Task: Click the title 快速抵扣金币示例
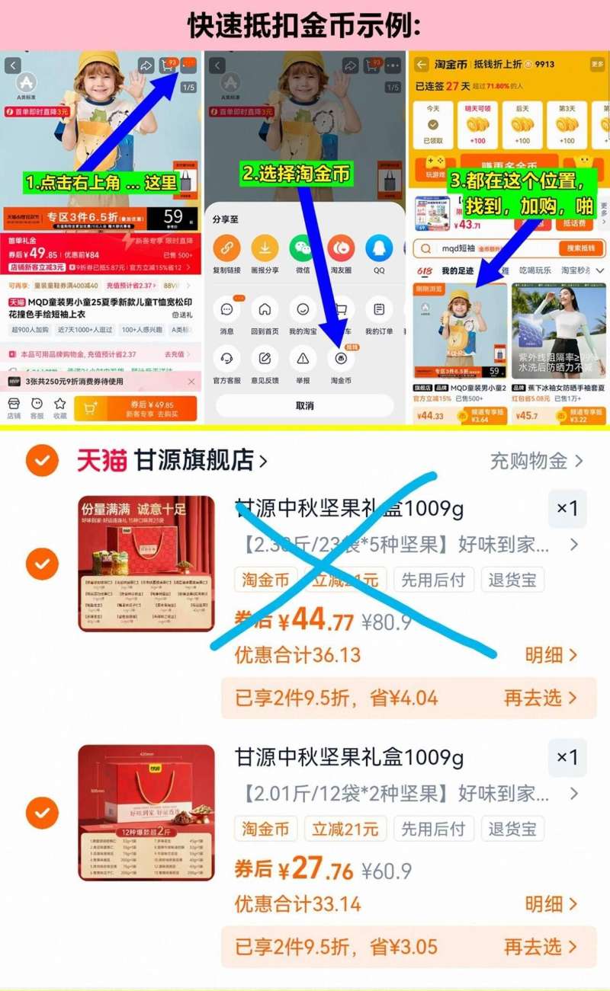tap(304, 25)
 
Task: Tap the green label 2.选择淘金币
tap(297, 174)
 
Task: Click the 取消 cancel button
tap(304, 405)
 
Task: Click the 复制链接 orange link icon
tap(226, 248)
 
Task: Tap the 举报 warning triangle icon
tap(303, 358)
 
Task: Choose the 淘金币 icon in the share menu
tap(341, 358)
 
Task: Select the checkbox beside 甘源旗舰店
tap(42, 460)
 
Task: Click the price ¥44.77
tap(315, 620)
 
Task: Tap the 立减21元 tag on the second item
tap(345, 828)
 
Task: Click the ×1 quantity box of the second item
tap(567, 758)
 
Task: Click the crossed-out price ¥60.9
tap(387, 871)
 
